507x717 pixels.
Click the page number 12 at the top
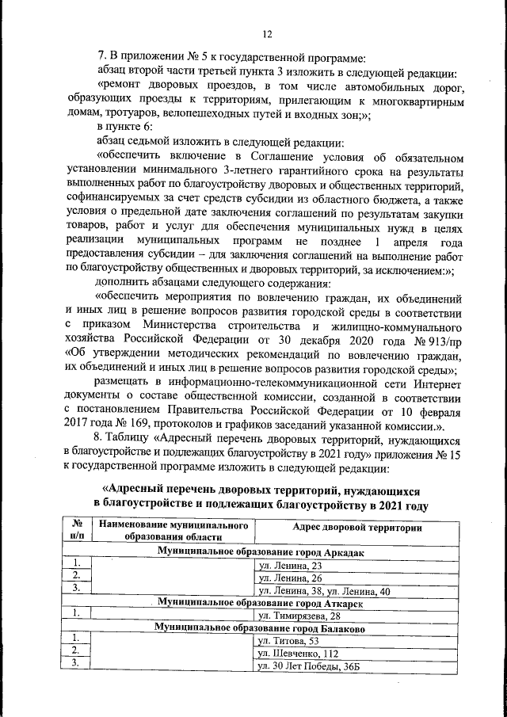(x=267, y=32)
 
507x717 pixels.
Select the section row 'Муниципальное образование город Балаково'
(x=261, y=627)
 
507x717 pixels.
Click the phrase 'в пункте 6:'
(x=125, y=128)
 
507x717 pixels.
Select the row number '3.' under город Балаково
(x=77, y=664)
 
